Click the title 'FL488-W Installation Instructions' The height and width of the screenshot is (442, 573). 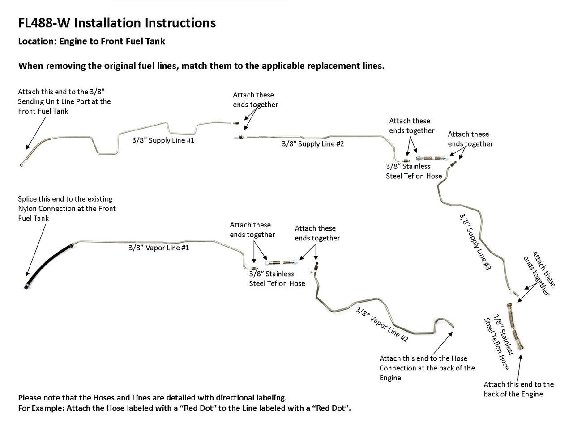[x=117, y=23]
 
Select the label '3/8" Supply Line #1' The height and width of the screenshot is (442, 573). [x=163, y=140]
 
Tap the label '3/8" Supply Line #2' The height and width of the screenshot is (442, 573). [x=312, y=144]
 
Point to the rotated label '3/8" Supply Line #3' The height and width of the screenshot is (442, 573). [x=475, y=241]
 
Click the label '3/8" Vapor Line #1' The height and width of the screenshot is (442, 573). [x=158, y=248]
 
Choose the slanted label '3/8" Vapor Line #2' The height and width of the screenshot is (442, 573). [x=382, y=324]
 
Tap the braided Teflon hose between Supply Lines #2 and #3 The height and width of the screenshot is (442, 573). [x=431, y=158]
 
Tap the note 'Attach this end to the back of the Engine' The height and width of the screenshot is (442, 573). [x=518, y=389]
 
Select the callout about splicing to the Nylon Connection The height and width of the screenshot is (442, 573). [x=67, y=209]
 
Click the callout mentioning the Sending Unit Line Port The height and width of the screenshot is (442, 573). [x=64, y=101]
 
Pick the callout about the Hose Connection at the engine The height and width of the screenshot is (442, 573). [x=427, y=368]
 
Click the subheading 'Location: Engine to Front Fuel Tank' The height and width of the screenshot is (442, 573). [x=91, y=42]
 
